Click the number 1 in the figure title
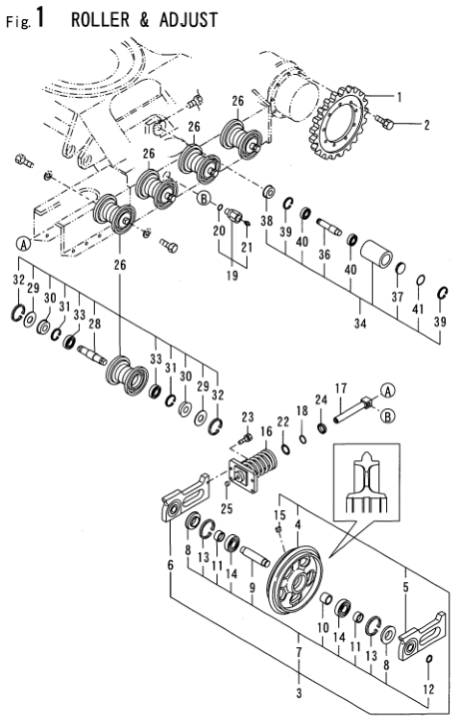[40, 18]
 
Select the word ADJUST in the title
[189, 20]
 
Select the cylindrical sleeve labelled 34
[376, 254]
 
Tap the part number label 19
[232, 276]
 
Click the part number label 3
[299, 693]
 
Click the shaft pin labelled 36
[329, 227]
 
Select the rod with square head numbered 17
[352, 409]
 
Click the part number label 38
[266, 221]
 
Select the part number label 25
[227, 508]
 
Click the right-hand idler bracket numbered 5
[422, 636]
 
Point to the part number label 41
[418, 309]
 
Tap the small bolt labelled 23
[244, 438]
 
